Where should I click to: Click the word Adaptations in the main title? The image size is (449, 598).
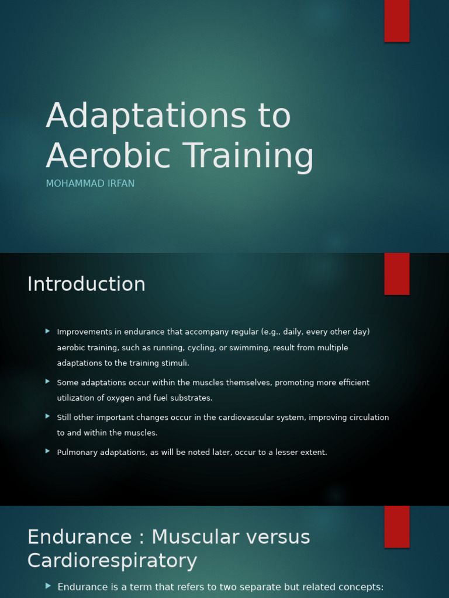146,116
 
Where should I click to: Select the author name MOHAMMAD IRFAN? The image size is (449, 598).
90,184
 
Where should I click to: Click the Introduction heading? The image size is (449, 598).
86,284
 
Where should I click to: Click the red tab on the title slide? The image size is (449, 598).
396,20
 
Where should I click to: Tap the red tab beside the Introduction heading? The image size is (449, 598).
396,274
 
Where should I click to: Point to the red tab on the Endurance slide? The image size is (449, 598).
396,527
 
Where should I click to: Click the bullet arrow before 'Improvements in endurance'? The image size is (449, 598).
47,331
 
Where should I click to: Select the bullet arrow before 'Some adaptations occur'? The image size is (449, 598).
47,381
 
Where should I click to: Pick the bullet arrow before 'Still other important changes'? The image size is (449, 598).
47,416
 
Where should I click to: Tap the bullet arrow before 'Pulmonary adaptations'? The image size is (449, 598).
47,451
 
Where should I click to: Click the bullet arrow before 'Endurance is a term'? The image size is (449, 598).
48,586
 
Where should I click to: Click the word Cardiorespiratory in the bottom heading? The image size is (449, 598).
112,561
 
